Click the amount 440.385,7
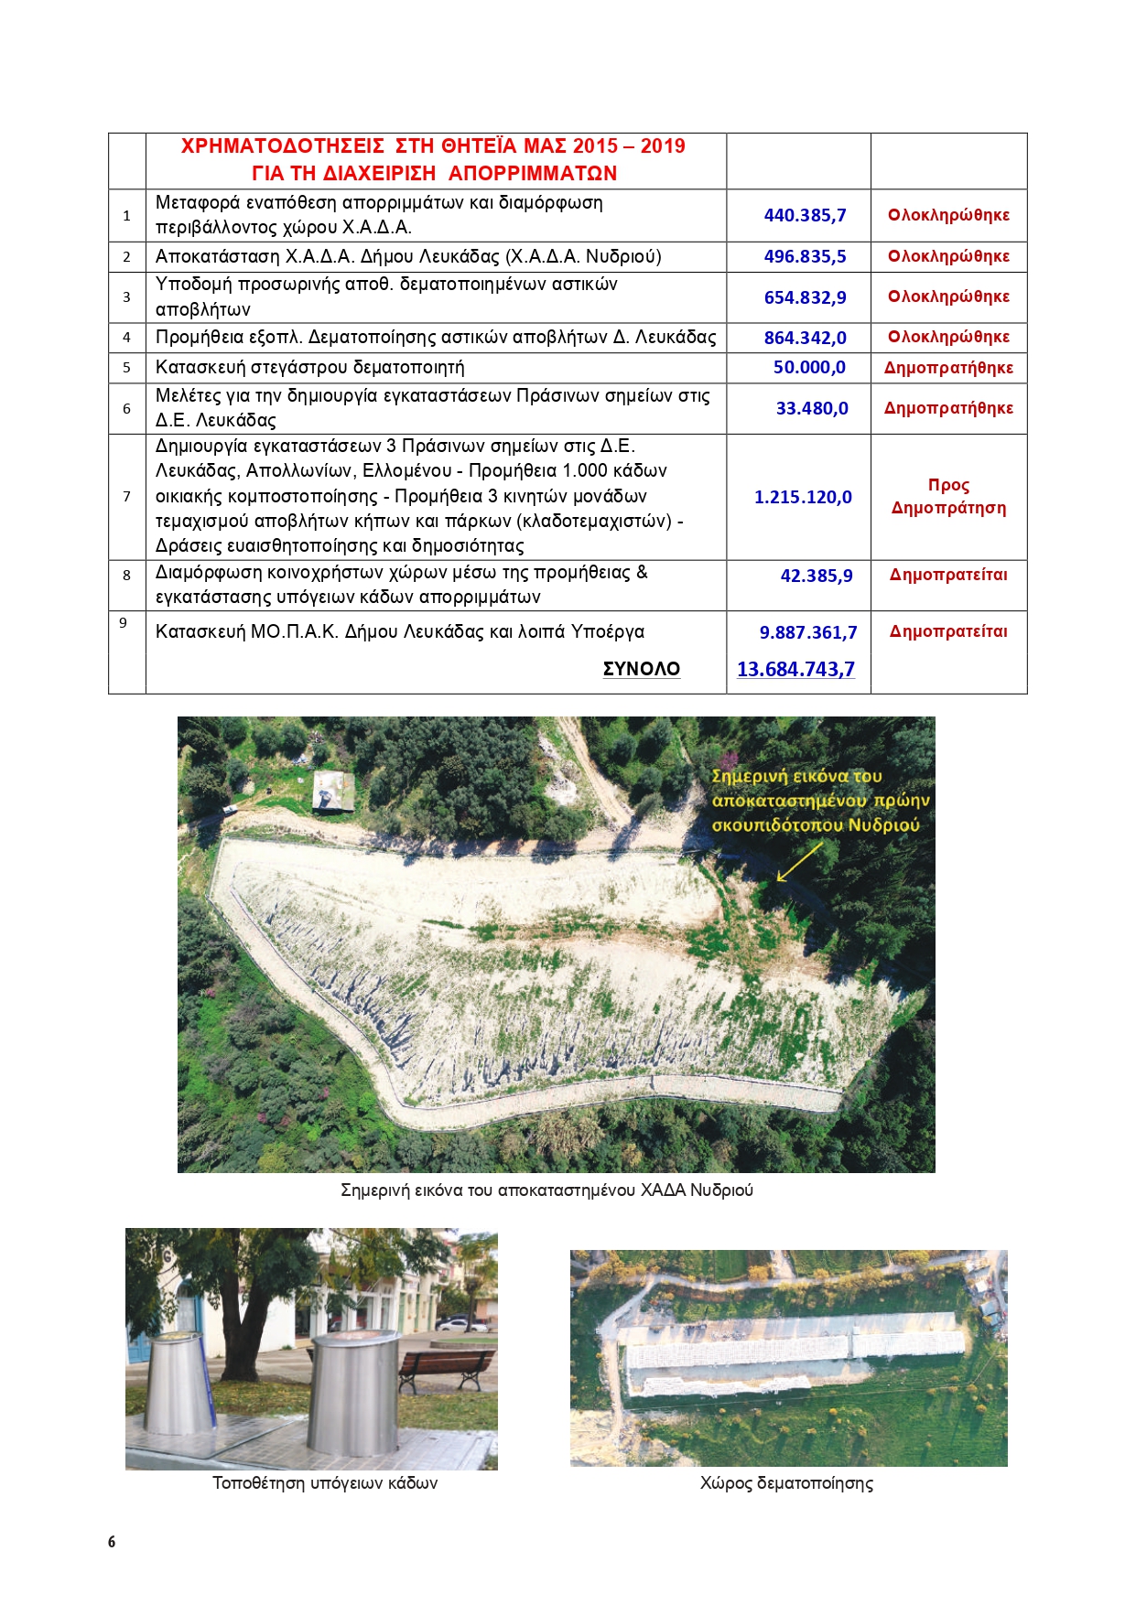point(805,216)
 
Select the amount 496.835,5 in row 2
point(805,257)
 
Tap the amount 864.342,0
point(805,338)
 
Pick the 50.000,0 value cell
point(809,368)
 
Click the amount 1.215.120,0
point(803,498)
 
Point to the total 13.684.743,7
point(795,670)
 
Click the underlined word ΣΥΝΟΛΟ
point(641,669)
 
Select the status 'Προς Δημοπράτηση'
point(948,497)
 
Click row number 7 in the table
point(126,497)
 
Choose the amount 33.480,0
point(812,409)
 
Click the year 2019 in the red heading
point(663,146)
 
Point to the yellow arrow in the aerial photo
point(799,862)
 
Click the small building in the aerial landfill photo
point(333,790)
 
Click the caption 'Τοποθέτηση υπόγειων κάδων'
point(325,1483)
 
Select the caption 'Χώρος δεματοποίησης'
point(786,1483)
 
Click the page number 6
point(112,1542)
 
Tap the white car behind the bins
point(462,1323)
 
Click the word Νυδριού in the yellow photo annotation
point(882,825)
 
